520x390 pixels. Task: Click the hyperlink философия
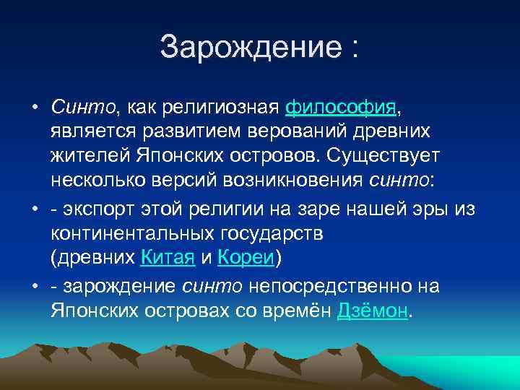341,108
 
